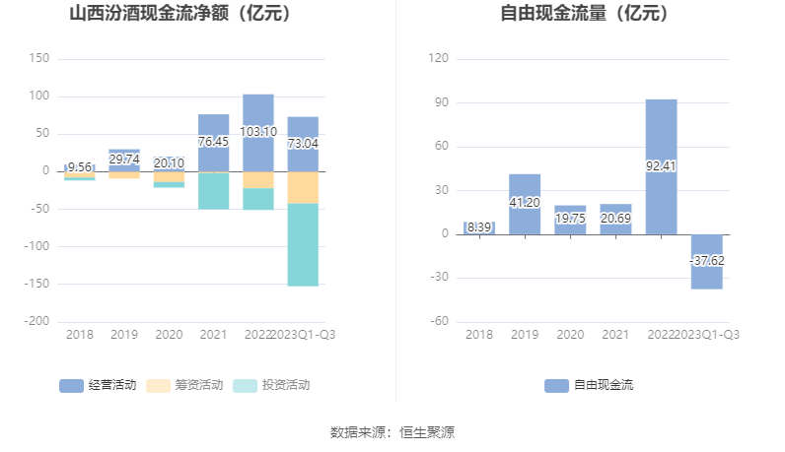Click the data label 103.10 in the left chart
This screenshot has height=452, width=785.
coord(258,131)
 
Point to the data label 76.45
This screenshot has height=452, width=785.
coord(213,142)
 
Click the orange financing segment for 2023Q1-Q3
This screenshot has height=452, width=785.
coord(304,187)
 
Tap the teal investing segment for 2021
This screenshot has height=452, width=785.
coord(213,191)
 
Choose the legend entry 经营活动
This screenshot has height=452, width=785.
coord(98,385)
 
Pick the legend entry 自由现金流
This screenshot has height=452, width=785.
coord(589,385)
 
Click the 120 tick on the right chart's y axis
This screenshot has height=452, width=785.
coord(440,59)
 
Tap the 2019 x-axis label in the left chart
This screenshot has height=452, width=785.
coord(123,335)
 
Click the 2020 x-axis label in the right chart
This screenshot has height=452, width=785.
coord(570,335)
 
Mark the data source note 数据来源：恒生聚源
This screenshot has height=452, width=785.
coord(392,431)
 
